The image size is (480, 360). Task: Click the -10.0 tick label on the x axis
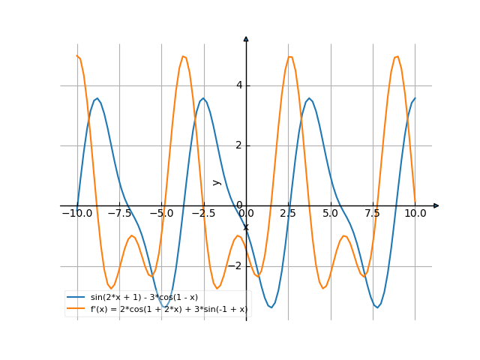77,214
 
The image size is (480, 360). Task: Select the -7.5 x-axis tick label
119,214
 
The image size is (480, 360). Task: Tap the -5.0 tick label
161,214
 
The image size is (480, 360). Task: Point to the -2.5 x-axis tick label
203,214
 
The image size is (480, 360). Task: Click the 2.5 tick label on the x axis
288,214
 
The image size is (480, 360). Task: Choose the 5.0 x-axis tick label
330,214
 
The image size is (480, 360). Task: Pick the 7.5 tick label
373,214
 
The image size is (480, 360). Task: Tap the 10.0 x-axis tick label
415,214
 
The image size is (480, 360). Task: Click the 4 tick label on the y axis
239,85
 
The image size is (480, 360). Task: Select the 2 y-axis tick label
239,145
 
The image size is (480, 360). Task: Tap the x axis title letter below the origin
246,226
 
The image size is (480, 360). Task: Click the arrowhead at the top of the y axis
246,38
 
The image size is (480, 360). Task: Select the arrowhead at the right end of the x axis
436,205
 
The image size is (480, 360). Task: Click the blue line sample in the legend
76,298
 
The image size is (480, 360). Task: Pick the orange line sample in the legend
76,308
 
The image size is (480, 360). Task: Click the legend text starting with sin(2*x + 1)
144,298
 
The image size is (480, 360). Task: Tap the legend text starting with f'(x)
169,308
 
